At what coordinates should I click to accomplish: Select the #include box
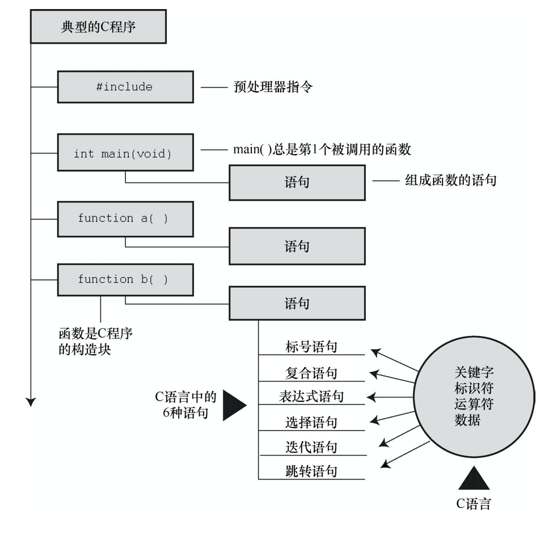coord(124,87)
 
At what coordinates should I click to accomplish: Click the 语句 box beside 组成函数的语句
coord(297,182)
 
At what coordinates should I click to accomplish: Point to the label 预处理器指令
coord(272,87)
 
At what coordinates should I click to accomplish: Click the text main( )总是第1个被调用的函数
coord(322,150)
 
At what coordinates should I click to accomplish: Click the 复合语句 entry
coord(311,373)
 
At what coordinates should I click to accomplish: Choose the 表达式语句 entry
coord(311,396)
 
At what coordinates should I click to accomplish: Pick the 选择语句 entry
coord(311,422)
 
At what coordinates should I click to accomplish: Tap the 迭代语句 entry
coord(311,447)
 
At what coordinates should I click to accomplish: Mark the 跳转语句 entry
coord(311,471)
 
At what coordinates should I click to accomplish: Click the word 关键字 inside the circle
coord(474,372)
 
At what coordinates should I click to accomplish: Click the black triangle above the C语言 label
coord(474,479)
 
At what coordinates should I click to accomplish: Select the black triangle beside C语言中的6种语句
coord(233,405)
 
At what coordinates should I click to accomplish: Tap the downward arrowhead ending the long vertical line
coord(31,401)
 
